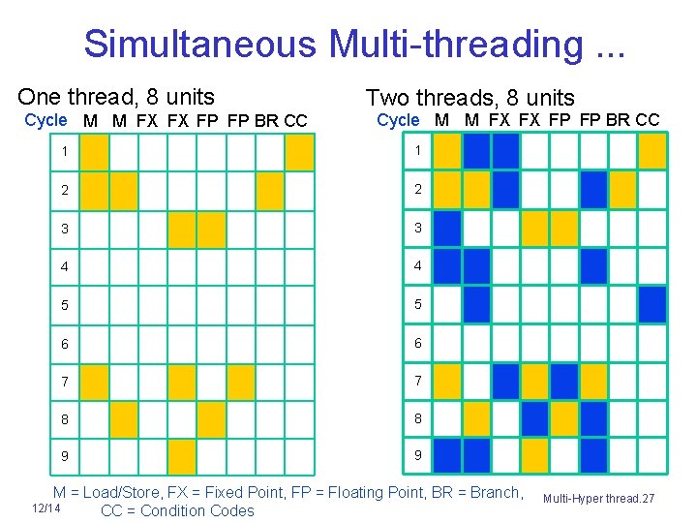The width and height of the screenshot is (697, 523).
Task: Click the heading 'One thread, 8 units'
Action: (x=116, y=96)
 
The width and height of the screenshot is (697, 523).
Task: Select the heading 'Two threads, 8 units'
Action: (x=470, y=97)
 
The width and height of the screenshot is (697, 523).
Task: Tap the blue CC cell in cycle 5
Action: (x=652, y=303)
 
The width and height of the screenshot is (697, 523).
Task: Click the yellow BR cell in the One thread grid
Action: (x=270, y=190)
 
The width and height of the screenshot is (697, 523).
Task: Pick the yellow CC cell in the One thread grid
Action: (x=299, y=152)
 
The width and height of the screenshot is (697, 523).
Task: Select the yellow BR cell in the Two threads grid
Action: (x=623, y=190)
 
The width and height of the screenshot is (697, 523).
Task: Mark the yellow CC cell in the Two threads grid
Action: (x=652, y=152)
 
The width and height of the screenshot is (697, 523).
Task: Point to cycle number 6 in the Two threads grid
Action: (x=417, y=343)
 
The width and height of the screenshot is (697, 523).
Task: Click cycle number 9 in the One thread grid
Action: (x=64, y=456)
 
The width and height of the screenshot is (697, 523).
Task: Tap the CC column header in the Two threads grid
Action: (x=648, y=120)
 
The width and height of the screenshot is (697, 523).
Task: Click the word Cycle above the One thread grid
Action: (x=45, y=120)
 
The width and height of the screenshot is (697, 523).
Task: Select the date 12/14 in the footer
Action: (x=45, y=508)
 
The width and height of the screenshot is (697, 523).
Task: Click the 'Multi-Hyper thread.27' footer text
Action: (x=598, y=498)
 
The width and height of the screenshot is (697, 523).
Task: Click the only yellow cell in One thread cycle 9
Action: (x=182, y=455)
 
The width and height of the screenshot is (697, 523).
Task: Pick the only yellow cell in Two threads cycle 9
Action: (x=535, y=455)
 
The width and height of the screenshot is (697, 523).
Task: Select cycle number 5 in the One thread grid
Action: (x=64, y=304)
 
